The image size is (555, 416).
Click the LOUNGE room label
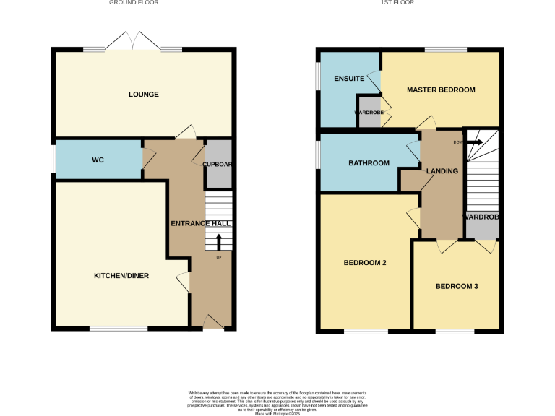pos(143,95)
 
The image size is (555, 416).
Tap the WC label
pos(98,160)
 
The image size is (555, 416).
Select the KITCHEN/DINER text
pos(121,276)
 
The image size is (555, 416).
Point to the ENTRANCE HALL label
pos(200,224)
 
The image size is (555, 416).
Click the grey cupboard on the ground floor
pos(218,164)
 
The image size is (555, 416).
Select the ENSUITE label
pos(348,78)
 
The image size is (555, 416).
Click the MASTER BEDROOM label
pos(441,90)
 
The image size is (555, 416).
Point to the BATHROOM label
pos(369,163)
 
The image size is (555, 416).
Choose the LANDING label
pos(442,171)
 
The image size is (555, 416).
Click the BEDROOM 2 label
pos(364,263)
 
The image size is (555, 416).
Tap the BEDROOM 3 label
pos(456,287)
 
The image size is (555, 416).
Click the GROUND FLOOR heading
pos(134,3)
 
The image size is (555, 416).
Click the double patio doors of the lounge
pos(133,42)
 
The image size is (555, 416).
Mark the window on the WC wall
pos(53,160)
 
